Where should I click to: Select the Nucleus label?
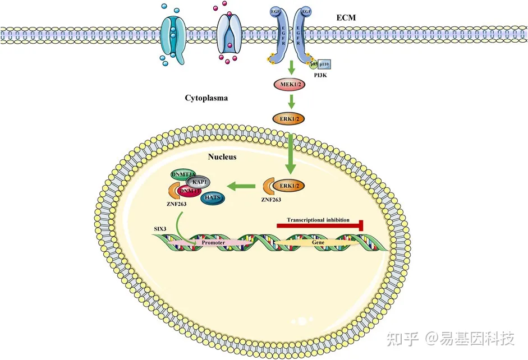tap(222, 157)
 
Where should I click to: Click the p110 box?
tap(324, 64)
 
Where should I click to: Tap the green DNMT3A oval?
tap(185, 174)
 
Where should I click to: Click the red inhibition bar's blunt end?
tap(362, 225)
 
